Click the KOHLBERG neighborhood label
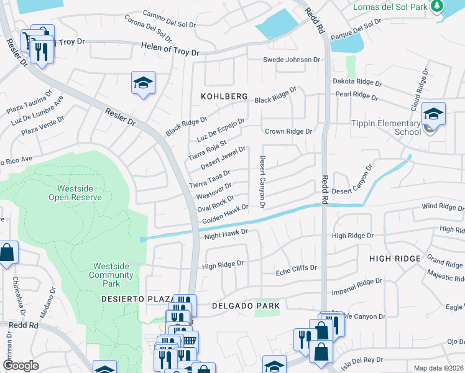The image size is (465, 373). tap(224, 97)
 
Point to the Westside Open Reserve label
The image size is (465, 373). tap(75, 193)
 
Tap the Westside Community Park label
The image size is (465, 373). tap(111, 275)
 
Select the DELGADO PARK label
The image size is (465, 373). tap(246, 306)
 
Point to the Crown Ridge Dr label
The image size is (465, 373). tap(288, 131)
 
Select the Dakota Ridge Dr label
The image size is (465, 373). tap(359, 81)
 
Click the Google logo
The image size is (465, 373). tap(21, 366)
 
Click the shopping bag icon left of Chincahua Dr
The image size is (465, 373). tap(7, 253)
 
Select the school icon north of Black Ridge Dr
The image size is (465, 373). tap(143, 83)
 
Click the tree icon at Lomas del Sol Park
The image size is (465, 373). tap(437, 6)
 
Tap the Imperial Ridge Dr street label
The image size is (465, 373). tap(357, 285)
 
